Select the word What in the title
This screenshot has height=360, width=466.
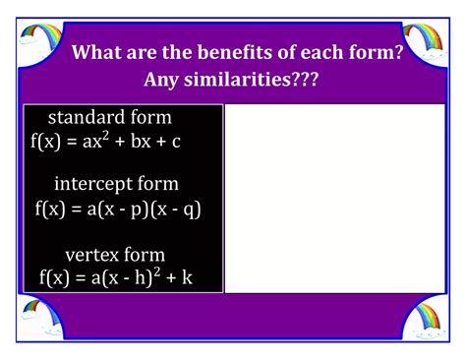coord(100,51)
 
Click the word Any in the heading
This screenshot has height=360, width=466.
coord(164,78)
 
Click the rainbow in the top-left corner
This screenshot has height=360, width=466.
coord(38,38)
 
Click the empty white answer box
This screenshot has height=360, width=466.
coord(335,198)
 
